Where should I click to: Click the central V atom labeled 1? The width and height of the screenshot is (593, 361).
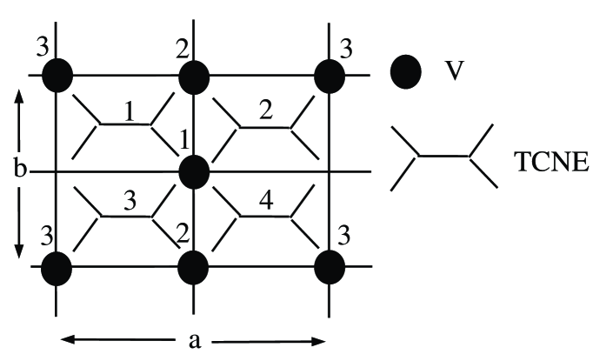tap(194, 171)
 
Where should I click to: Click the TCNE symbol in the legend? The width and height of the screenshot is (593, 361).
tap(444, 157)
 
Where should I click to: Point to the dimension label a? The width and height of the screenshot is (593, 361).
tap(195, 340)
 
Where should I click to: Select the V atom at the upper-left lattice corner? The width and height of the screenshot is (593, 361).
tap(57, 75)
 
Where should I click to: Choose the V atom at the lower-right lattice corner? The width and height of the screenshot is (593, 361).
tap(330, 266)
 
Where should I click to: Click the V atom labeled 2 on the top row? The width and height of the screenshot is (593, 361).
tap(194, 75)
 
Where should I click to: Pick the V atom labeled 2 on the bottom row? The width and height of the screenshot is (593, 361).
tap(194, 266)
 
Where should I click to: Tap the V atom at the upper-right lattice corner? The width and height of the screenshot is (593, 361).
tap(330, 75)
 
